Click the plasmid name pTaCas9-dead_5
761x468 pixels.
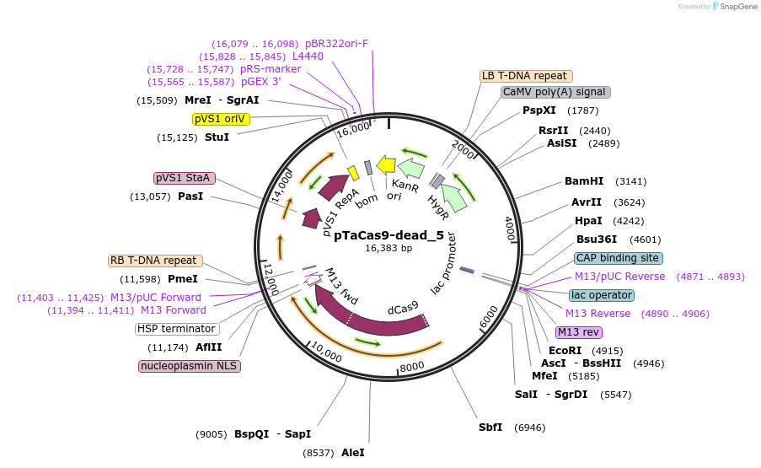coord(389,236)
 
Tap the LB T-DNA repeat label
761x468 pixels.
coord(525,76)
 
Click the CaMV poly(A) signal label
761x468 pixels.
coord(554,92)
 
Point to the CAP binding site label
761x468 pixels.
coord(618,258)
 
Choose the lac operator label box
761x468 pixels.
coord(601,295)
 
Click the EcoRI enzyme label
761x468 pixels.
coord(565,351)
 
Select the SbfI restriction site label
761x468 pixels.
coord(490,428)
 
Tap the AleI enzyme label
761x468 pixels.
coord(353,453)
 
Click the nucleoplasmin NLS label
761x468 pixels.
coord(190,366)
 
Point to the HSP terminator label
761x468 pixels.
coord(177,329)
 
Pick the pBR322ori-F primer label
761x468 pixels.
coord(336,44)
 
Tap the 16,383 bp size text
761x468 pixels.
coord(389,249)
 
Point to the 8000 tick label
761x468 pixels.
coord(412,366)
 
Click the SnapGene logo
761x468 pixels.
coord(730,7)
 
